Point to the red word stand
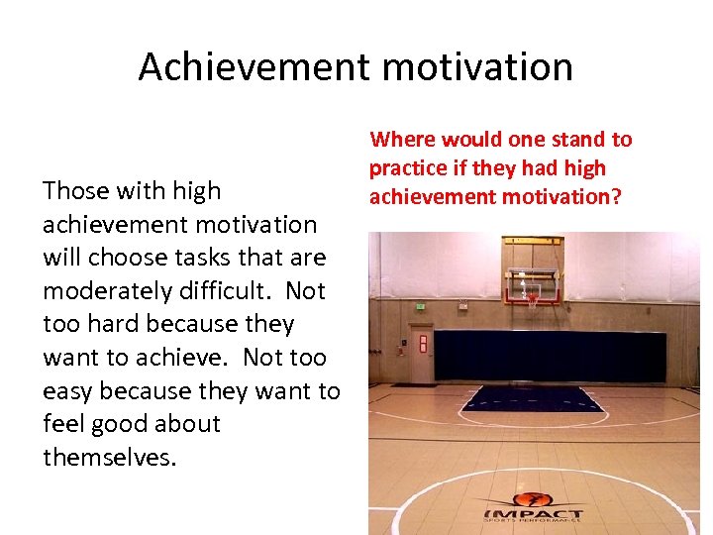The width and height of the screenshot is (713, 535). [573, 140]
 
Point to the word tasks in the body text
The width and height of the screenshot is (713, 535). [213, 258]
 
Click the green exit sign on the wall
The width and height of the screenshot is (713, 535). [421, 308]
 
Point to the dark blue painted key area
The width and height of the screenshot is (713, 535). [535, 398]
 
